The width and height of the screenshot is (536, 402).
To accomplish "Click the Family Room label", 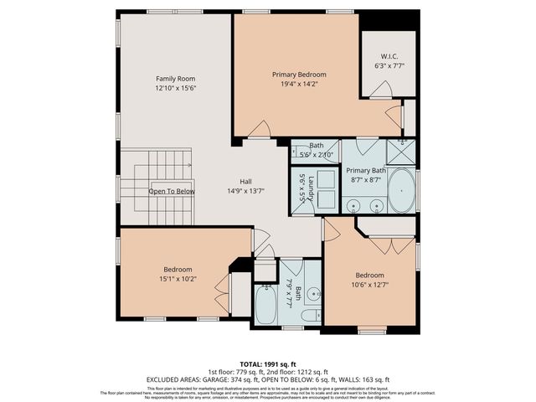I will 174,79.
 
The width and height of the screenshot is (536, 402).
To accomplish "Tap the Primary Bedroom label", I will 299,74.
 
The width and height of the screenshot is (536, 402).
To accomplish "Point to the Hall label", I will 245,181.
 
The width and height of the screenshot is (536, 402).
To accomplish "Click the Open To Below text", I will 172,191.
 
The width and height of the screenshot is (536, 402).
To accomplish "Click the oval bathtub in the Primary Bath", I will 402,191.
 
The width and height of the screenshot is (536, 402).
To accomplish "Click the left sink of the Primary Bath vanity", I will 353,204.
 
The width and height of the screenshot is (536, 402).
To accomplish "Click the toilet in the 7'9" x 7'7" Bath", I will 310,316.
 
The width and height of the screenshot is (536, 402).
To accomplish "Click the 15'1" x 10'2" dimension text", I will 177,280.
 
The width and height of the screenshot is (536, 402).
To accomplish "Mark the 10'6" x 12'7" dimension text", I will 369,285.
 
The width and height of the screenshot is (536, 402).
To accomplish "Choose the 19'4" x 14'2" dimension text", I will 299,83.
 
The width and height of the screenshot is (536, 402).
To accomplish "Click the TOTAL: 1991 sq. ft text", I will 268,363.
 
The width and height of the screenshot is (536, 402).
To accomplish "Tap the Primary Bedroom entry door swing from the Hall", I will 260,130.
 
